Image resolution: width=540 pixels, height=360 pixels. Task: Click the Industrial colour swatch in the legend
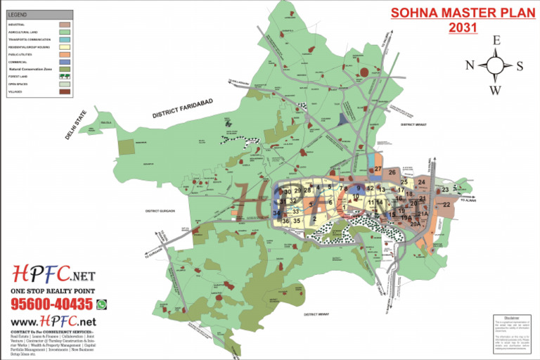tap(65, 24)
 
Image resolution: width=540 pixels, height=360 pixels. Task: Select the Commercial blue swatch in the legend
tap(65, 62)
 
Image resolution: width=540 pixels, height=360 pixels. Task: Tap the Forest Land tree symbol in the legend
tap(65, 77)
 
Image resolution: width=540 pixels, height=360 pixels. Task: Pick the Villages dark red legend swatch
tap(65, 91)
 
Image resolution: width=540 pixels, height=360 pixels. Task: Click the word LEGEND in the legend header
tap(19, 14)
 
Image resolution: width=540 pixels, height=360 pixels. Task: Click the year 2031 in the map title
tap(462, 27)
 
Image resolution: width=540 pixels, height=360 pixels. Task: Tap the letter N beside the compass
tap(470, 65)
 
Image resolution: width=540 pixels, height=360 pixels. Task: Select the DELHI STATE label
tap(76, 124)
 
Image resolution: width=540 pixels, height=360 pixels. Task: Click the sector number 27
tap(378, 169)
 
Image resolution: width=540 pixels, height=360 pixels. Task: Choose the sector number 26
tap(392, 172)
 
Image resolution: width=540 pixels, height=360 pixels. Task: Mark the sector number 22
tap(446, 205)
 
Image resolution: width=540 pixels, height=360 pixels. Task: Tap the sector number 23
tap(445, 189)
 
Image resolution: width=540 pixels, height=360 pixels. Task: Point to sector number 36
tap(285, 221)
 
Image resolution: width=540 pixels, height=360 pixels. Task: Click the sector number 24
tap(421, 183)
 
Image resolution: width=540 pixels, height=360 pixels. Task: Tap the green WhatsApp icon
tap(102, 304)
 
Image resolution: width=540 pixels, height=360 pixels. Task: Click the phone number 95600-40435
tap(51, 304)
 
